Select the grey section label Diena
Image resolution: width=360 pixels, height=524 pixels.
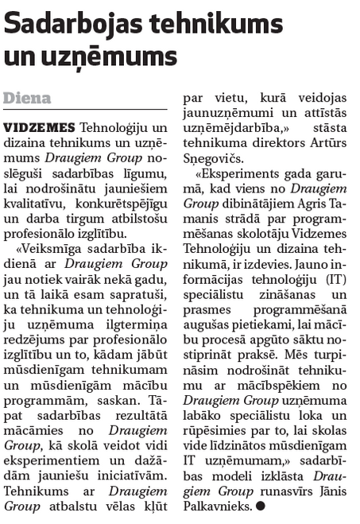[27, 99]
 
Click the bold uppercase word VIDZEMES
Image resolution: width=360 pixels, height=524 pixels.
[40, 127]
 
